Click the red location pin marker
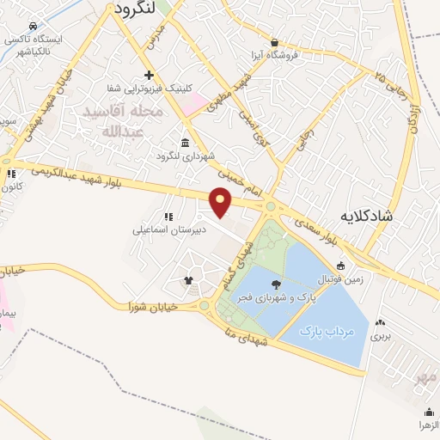click(x=222, y=201)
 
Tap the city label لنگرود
click(x=133, y=9)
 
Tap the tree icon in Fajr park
click(x=275, y=284)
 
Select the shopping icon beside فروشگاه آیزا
click(x=274, y=42)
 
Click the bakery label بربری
click(x=380, y=336)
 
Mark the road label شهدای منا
click(x=253, y=332)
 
